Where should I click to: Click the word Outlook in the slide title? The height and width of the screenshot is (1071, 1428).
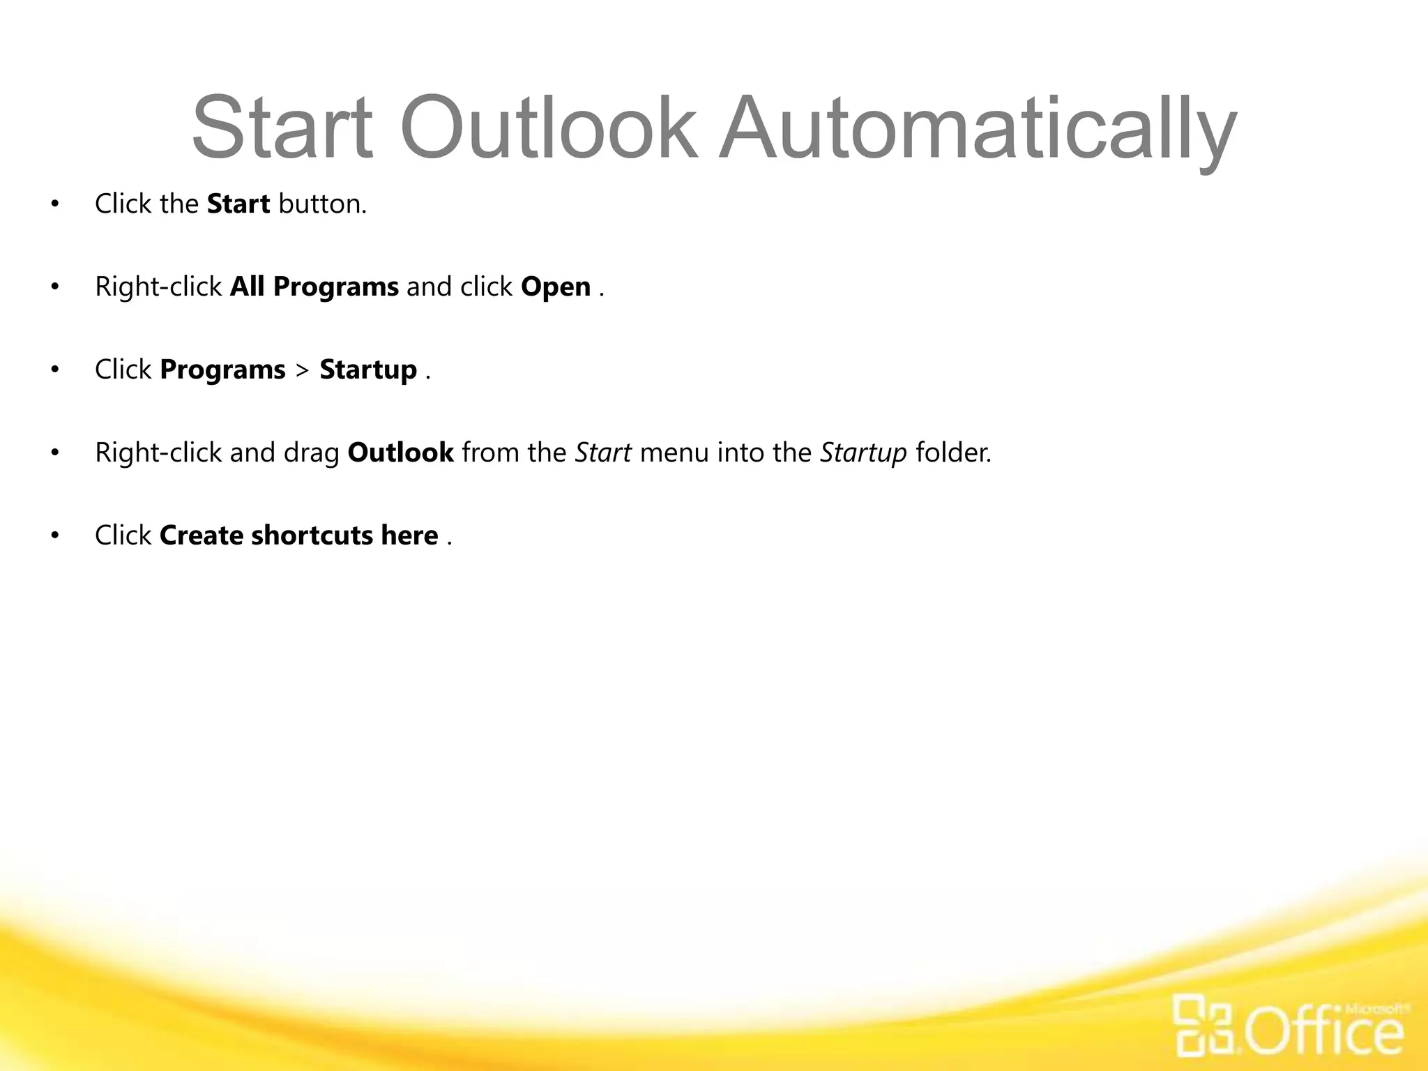[547, 130]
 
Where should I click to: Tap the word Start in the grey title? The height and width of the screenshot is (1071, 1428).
[282, 130]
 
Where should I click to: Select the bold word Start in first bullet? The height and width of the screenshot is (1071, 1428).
[238, 204]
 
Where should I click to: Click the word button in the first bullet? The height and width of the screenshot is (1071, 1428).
[321, 204]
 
